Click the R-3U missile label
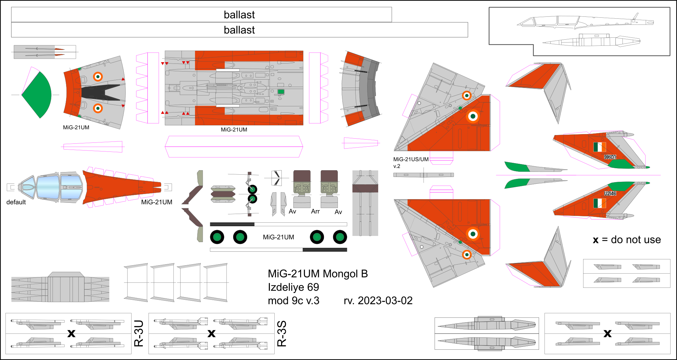click(x=139, y=333)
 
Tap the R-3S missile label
click(x=282, y=333)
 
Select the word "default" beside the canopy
click(x=16, y=202)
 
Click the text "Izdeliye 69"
click(x=293, y=287)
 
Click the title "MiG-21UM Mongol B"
click(x=318, y=274)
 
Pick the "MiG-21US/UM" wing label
click(x=411, y=159)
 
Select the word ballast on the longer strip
click(x=239, y=30)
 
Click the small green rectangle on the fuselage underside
click(x=281, y=92)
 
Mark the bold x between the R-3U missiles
click(x=71, y=333)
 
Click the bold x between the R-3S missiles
click(x=211, y=333)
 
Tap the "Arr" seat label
click(x=315, y=211)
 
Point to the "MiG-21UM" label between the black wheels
click(x=278, y=237)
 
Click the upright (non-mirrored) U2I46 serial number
click(x=610, y=193)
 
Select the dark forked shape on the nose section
click(x=100, y=92)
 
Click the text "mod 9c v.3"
click(x=293, y=300)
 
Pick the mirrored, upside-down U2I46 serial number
click(x=610, y=157)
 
